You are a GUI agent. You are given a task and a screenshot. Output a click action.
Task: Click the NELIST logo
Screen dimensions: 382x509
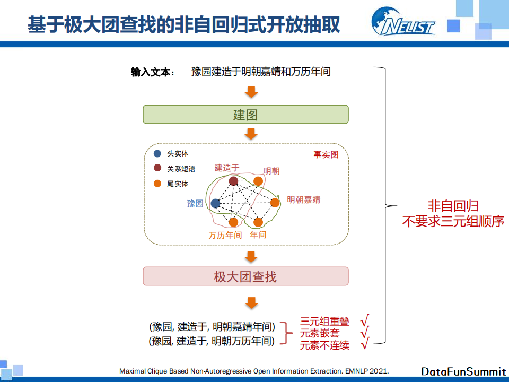pyautogui.click(x=403, y=22)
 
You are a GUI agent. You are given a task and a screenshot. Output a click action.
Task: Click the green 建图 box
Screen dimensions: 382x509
pyautogui.click(x=245, y=115)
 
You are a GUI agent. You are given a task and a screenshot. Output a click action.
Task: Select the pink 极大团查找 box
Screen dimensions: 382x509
pyautogui.click(x=245, y=276)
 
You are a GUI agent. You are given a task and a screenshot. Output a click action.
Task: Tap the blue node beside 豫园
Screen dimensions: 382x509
pyautogui.click(x=215, y=203)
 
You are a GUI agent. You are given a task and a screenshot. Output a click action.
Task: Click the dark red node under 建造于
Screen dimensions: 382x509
pyautogui.click(x=233, y=181)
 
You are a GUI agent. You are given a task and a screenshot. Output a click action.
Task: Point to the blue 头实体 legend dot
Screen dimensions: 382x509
pyautogui.click(x=157, y=154)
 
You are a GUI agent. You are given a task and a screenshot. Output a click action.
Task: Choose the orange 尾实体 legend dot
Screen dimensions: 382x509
pyautogui.click(x=157, y=184)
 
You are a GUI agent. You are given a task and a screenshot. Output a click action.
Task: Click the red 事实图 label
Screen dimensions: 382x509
pyautogui.click(x=326, y=155)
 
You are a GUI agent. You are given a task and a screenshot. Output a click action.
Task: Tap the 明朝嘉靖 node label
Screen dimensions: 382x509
pyautogui.click(x=303, y=200)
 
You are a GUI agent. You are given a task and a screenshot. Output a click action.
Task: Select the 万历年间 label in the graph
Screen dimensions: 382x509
pyautogui.click(x=225, y=235)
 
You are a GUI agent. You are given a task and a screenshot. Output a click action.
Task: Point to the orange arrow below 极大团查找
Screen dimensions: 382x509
pyautogui.click(x=251, y=303)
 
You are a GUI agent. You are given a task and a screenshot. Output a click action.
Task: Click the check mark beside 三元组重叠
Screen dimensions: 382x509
pyautogui.click(x=365, y=321)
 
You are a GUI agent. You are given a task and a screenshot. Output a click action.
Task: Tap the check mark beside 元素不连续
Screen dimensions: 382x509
pyautogui.click(x=365, y=345)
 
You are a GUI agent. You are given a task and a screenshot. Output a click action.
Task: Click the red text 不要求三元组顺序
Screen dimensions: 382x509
pyautogui.click(x=453, y=221)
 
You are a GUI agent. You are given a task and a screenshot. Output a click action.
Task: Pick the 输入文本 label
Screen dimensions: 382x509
pyautogui.click(x=153, y=72)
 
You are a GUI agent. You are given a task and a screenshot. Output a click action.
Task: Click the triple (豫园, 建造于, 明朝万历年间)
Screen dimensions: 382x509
pyautogui.click(x=212, y=341)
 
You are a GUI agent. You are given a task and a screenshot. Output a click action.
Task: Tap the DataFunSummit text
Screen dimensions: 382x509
pyautogui.click(x=463, y=371)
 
